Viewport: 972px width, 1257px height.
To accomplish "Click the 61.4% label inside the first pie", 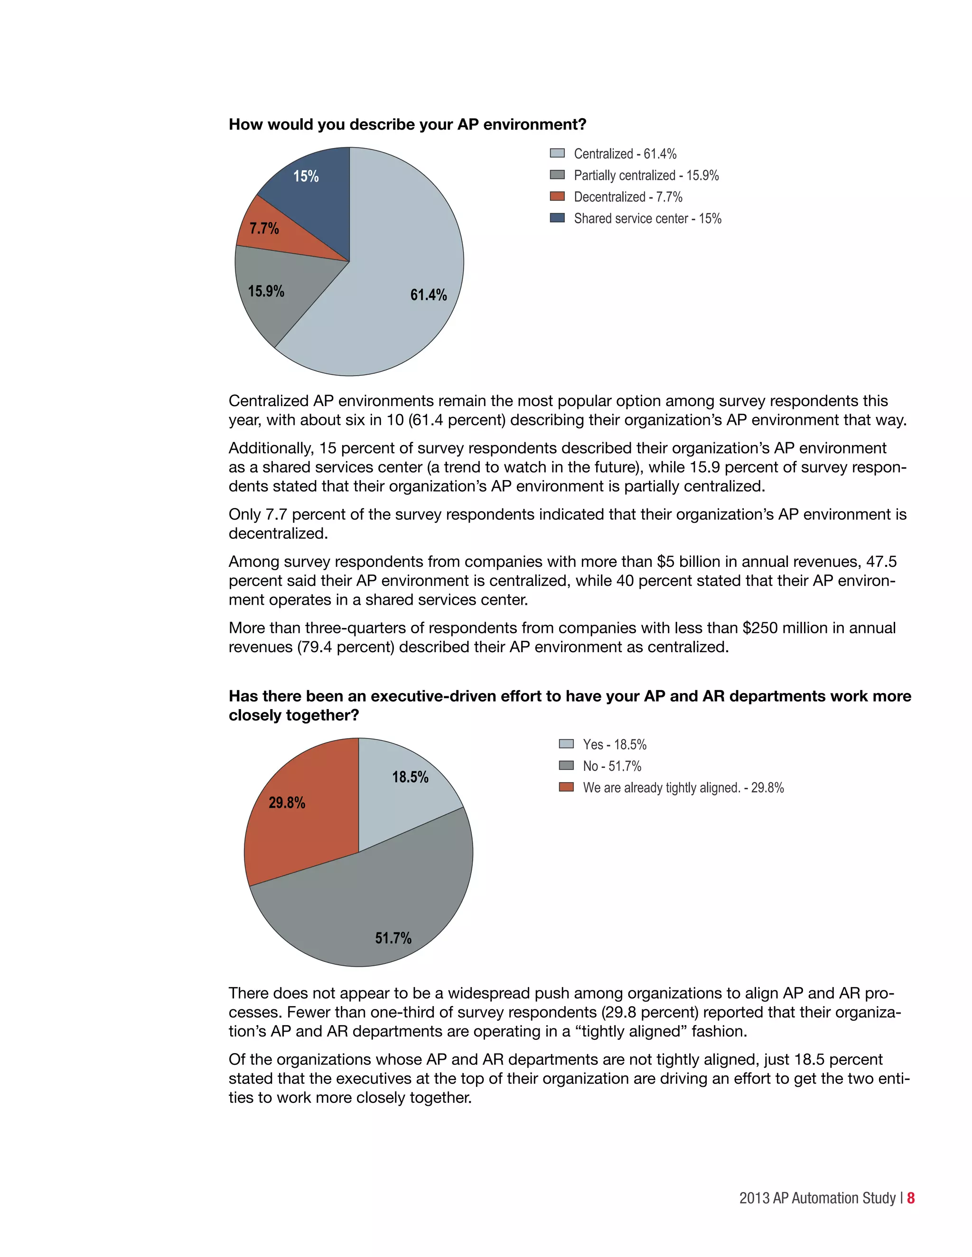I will coord(429,295).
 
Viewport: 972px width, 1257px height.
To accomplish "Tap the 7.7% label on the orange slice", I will coord(264,229).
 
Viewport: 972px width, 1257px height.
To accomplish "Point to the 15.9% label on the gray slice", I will coord(266,291).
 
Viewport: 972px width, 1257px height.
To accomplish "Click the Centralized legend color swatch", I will coord(557,153).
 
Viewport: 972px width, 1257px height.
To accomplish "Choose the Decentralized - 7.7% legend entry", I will coord(627,197).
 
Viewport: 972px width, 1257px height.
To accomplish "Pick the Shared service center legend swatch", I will coord(557,218).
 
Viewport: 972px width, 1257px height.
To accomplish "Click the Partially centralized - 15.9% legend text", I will coord(646,175).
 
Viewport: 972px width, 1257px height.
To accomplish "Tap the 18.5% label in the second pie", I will coord(410,777).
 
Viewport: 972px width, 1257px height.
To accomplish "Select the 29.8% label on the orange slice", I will coord(287,802).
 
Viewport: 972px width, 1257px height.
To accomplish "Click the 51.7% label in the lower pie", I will coord(393,938).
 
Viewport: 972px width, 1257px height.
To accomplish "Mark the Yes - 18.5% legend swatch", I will coord(566,744).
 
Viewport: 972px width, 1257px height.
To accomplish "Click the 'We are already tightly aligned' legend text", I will coord(683,787).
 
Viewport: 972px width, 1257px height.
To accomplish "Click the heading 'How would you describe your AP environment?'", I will coord(407,124).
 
